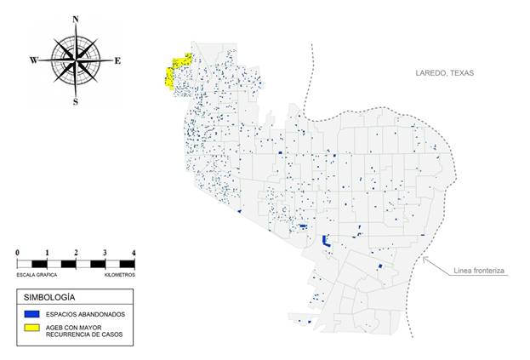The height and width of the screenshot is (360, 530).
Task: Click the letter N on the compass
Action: click(x=76, y=19)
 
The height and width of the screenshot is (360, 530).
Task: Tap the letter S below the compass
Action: click(x=76, y=102)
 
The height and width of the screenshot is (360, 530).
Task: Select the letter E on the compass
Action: click(x=117, y=60)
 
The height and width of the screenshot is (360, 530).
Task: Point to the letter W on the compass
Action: click(x=34, y=60)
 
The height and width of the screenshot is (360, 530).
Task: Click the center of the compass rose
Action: click(x=76, y=60)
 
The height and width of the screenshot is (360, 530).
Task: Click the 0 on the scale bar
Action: click(x=18, y=253)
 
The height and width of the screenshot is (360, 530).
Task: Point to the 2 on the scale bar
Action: click(x=76, y=253)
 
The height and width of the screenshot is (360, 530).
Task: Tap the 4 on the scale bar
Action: click(x=133, y=253)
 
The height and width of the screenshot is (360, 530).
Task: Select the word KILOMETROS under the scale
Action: click(x=118, y=274)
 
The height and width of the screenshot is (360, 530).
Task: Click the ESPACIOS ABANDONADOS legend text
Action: click(x=86, y=314)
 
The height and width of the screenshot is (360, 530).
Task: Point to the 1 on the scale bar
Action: click(x=47, y=253)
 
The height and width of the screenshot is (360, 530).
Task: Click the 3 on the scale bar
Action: click(x=104, y=253)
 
